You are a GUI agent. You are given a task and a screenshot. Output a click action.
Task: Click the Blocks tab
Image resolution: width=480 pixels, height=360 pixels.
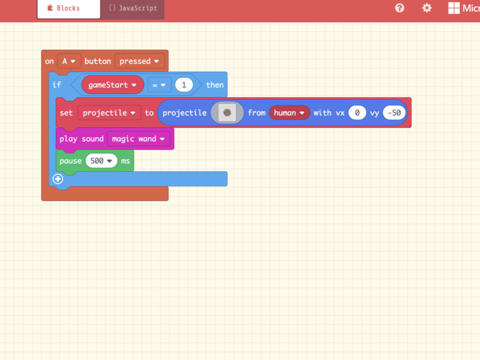68,8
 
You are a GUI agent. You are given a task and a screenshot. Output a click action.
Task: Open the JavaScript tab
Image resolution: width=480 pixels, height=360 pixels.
132,8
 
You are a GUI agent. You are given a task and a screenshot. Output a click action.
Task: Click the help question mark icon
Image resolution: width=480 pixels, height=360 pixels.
399,8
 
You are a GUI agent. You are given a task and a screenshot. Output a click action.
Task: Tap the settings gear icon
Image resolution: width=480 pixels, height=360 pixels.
427,8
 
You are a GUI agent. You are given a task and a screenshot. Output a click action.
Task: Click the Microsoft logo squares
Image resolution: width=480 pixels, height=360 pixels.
454,8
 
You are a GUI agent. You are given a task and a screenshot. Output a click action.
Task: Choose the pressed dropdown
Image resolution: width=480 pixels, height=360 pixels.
140,61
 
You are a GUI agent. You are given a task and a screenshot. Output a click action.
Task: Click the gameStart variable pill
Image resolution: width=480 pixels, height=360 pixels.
112,85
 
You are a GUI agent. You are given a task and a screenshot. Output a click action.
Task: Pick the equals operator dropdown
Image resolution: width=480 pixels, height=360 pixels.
159,85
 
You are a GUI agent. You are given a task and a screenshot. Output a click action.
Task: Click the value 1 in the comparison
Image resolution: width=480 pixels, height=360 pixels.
184,85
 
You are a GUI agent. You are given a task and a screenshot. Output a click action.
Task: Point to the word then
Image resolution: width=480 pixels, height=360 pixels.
215,85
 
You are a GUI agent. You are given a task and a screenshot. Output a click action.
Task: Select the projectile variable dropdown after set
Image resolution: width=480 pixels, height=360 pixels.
109,113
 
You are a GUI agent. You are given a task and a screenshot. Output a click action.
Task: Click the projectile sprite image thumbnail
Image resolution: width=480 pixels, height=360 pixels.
227,112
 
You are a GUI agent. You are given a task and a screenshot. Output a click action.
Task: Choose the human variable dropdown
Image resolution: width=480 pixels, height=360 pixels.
289,113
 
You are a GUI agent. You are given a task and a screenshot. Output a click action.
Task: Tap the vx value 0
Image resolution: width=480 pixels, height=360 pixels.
357,113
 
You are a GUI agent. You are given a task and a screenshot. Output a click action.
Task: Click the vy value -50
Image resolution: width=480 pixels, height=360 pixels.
394,113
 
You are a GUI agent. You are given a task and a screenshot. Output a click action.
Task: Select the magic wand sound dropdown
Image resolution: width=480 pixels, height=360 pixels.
138,139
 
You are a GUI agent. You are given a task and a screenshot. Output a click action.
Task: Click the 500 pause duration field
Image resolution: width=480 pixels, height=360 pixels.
101,161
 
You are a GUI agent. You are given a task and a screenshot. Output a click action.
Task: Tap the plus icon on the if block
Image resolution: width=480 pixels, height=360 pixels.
58,179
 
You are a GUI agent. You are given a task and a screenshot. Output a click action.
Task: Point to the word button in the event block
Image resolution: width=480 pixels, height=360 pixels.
97,61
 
